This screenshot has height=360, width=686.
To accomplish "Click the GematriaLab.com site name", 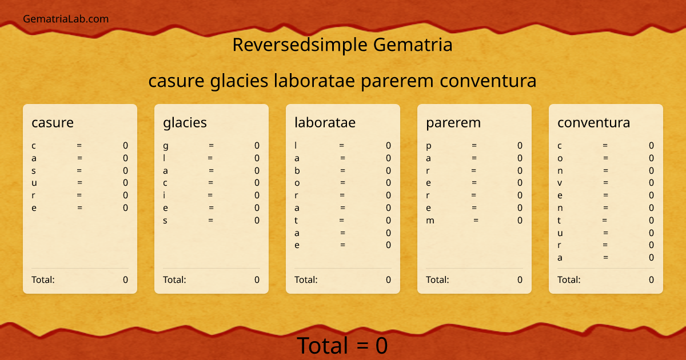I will tap(66, 19).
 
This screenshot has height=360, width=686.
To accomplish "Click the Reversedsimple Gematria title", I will tap(342, 45).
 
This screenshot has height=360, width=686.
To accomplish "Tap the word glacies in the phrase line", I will tap(240, 81).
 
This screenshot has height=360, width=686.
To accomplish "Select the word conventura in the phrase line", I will tap(488, 81).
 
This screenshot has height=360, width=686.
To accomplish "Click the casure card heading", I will tap(53, 122).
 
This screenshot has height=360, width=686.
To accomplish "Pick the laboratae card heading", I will tap(325, 122).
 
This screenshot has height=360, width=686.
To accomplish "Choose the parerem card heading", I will tap(453, 122).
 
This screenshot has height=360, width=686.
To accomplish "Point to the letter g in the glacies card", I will tap(166, 146).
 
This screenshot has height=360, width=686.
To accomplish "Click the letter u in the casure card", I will tap(34, 183).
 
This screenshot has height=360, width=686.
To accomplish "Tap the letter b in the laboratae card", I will tap(297, 170).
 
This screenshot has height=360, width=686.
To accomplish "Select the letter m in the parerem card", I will tap(430, 221).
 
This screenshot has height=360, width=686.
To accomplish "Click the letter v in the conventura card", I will tap(560, 183).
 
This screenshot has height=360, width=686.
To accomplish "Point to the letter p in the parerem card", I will tap(429, 146).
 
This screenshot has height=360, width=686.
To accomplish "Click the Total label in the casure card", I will tap(43, 279).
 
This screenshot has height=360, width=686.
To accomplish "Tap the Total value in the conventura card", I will tap(651, 279).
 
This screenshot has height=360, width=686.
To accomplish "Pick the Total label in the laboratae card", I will tap(306, 279).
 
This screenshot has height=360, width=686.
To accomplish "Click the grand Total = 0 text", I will tap(342, 346).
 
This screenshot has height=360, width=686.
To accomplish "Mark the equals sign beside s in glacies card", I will tap(211, 221).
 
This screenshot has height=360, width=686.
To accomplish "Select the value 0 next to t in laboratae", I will tap(388, 221).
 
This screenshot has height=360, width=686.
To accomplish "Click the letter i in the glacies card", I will tap(165, 195).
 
